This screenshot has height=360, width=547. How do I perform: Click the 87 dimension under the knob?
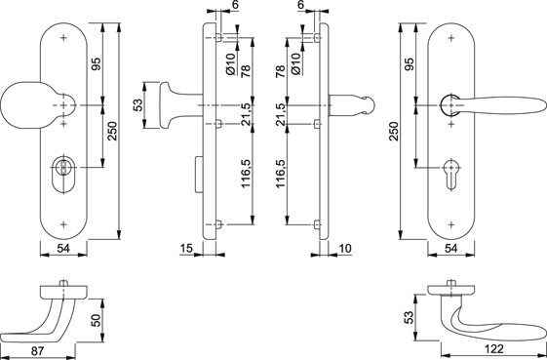tap(37, 350)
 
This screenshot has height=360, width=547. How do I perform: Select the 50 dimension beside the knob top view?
tap(96, 320)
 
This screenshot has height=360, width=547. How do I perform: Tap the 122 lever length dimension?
tap(494, 349)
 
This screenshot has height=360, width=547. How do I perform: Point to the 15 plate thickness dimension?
tap(186, 248)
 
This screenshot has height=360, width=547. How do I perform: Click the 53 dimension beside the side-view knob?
tap(137, 104)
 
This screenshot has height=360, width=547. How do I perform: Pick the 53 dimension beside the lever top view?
tap(410, 317)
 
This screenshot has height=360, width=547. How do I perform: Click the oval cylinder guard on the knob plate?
tap(63, 175)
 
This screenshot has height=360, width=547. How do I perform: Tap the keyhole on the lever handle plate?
tap(451, 175)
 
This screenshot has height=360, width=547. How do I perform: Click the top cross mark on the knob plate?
tap(63, 38)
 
